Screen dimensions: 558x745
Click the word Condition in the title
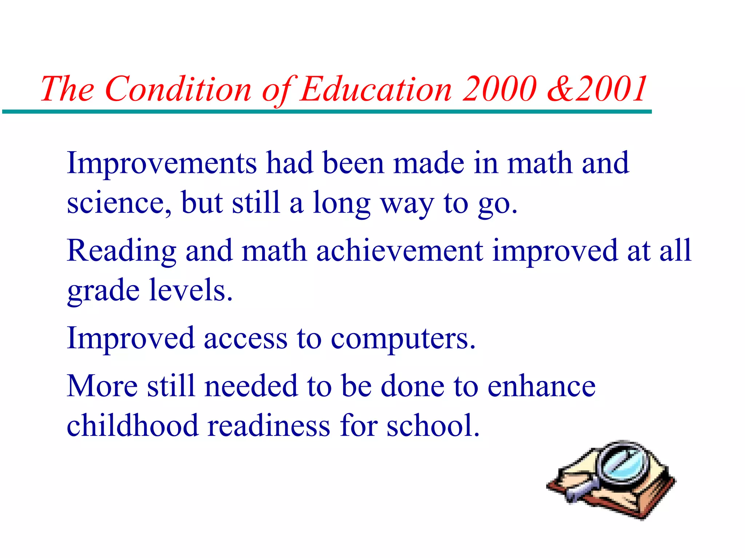pos(178,89)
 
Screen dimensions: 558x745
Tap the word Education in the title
pos(376,89)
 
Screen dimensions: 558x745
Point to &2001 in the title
pos(597,89)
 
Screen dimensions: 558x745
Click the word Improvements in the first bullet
pos(162,163)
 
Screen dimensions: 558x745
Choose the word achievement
pos(399,251)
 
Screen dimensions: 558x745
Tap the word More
pos(102,386)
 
